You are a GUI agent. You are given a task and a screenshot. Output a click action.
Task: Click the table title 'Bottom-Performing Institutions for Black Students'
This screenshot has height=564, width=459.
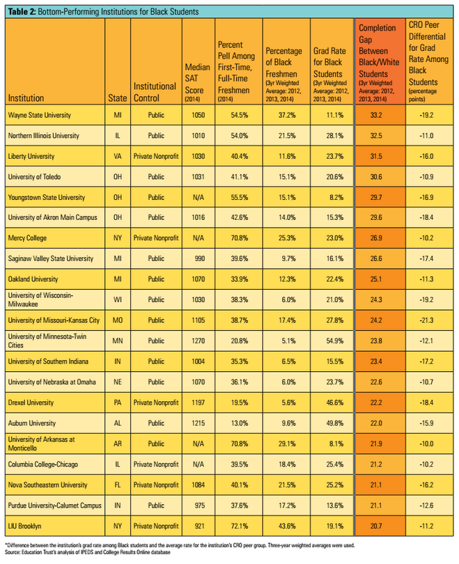[x=118, y=12]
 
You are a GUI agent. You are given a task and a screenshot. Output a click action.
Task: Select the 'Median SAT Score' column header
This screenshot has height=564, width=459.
[x=197, y=83]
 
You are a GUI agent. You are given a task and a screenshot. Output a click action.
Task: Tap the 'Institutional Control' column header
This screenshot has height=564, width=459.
[x=155, y=92]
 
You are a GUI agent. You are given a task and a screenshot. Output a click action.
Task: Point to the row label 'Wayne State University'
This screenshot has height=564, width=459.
[x=40, y=115]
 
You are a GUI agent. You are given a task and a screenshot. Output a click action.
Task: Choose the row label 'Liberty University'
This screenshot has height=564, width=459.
[x=31, y=156]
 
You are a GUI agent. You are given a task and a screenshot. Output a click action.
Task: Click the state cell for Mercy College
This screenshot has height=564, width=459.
[x=118, y=237]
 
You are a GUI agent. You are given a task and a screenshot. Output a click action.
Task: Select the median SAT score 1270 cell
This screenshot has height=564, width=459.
[x=199, y=340]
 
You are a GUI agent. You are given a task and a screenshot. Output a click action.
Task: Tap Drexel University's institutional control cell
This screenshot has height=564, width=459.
[x=156, y=402]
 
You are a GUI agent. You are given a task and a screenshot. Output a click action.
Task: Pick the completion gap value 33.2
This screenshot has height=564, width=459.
[x=376, y=115]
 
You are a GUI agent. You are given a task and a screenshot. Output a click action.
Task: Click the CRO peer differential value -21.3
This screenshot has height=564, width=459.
[x=426, y=320]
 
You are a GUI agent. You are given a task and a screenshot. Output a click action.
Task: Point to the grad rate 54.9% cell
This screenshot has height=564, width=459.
[x=335, y=340]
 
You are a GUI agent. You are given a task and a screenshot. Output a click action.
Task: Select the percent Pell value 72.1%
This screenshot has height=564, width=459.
[x=240, y=526]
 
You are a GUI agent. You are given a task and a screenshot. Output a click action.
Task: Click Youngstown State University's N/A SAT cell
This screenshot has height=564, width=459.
[x=199, y=197]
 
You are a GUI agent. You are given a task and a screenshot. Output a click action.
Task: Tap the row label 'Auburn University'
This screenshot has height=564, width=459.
[x=32, y=423]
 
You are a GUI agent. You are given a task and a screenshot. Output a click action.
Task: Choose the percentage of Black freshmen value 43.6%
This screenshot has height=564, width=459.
[x=287, y=526]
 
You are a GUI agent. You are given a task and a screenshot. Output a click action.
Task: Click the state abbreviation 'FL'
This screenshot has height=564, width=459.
[x=118, y=485]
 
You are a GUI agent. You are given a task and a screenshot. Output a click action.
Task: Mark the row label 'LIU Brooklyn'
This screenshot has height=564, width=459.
[x=25, y=526]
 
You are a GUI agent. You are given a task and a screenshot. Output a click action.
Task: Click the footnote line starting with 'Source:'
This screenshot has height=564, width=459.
[x=87, y=552]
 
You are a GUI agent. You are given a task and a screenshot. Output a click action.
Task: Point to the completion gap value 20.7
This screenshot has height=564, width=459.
[x=376, y=526]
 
